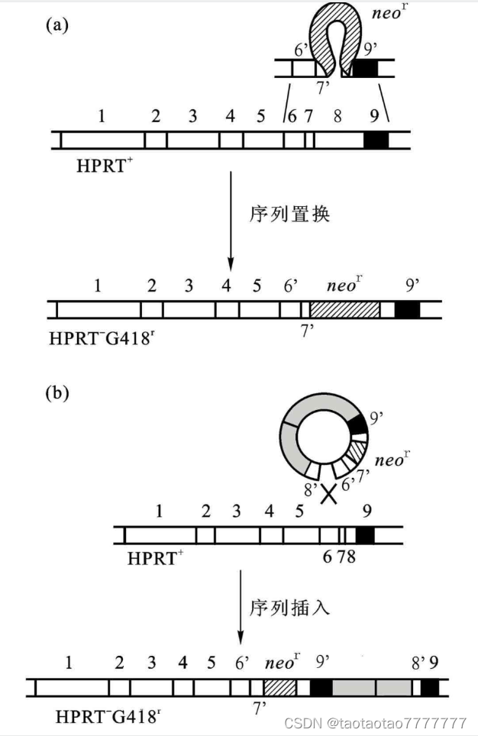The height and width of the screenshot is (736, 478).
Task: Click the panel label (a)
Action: tap(58, 25)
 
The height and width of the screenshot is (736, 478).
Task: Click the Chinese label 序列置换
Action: tap(289, 215)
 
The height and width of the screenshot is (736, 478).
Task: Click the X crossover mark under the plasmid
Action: tap(328, 496)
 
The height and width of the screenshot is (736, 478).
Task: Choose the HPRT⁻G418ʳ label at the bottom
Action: tap(108, 717)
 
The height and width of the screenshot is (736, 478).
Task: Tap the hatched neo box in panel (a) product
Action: tap(344, 309)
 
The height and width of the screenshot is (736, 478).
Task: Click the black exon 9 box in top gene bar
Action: tap(376, 140)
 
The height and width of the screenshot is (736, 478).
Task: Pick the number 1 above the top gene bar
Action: tap(101, 117)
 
